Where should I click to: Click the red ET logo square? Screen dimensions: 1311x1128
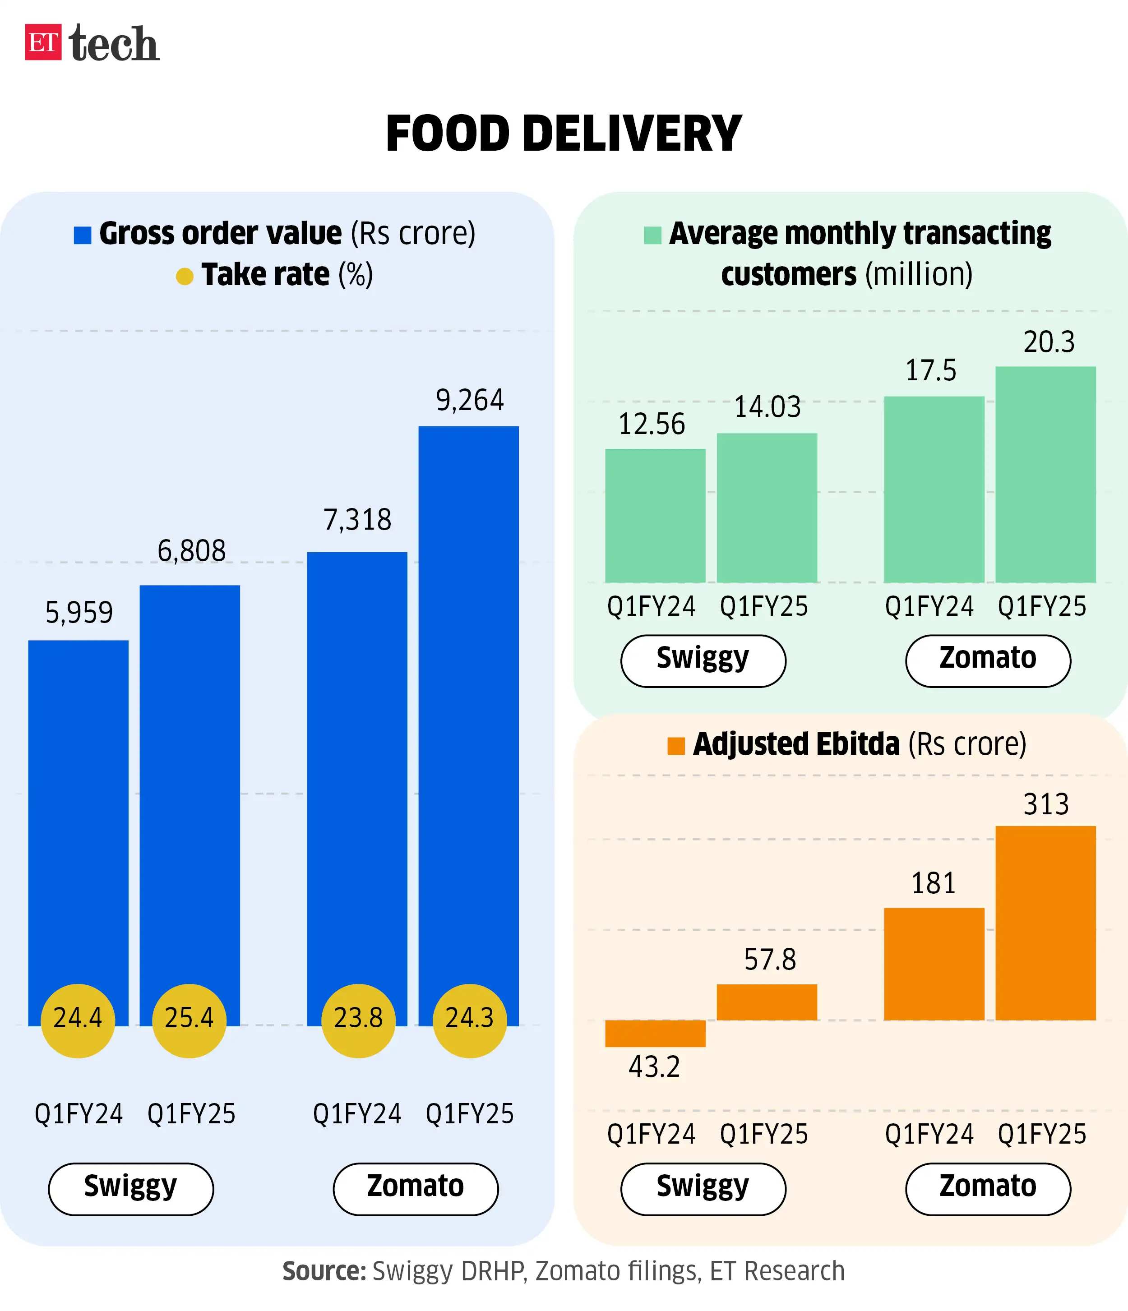(x=43, y=42)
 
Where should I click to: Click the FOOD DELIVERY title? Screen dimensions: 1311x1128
(x=563, y=134)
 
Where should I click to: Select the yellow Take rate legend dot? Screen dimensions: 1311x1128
(x=184, y=277)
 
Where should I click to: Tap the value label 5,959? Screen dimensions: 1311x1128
(x=79, y=613)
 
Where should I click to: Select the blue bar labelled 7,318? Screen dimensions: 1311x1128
(x=357, y=759)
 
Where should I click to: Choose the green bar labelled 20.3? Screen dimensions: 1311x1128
(x=1045, y=475)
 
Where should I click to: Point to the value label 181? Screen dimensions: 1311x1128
(x=933, y=883)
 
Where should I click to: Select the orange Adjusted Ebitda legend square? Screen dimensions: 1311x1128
(x=675, y=746)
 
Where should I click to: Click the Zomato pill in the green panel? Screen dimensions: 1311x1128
(x=988, y=660)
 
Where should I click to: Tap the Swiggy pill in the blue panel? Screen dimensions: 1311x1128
(x=131, y=1189)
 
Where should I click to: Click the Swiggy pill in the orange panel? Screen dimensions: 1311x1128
(x=703, y=1189)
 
